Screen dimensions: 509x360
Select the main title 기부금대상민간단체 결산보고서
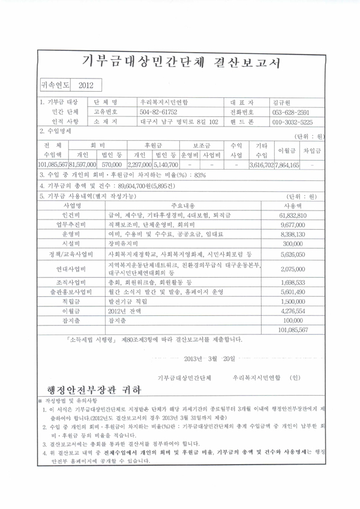coord(180,62)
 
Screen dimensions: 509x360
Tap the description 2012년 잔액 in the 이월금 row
coord(122,311)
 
